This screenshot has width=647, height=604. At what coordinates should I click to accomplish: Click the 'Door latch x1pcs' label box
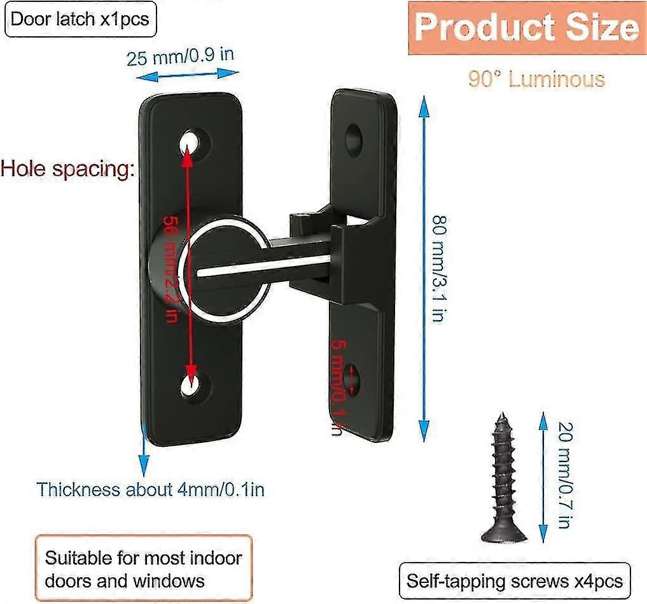coord(80,18)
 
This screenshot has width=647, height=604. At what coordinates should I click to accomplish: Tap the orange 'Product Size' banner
coord(526,28)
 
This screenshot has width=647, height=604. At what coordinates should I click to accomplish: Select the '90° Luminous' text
coord(536,79)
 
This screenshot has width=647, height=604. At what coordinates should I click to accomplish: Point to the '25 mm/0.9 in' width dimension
coord(180,56)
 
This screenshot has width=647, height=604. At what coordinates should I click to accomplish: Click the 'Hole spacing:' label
coord(67,169)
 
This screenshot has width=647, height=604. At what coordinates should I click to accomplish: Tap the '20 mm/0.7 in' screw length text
coord(563,475)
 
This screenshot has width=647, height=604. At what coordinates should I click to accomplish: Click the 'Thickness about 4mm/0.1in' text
coord(150,489)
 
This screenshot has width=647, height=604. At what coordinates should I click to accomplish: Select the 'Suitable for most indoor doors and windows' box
coord(143,570)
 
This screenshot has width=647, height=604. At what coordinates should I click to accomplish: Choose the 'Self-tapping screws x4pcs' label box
coord(515,580)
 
